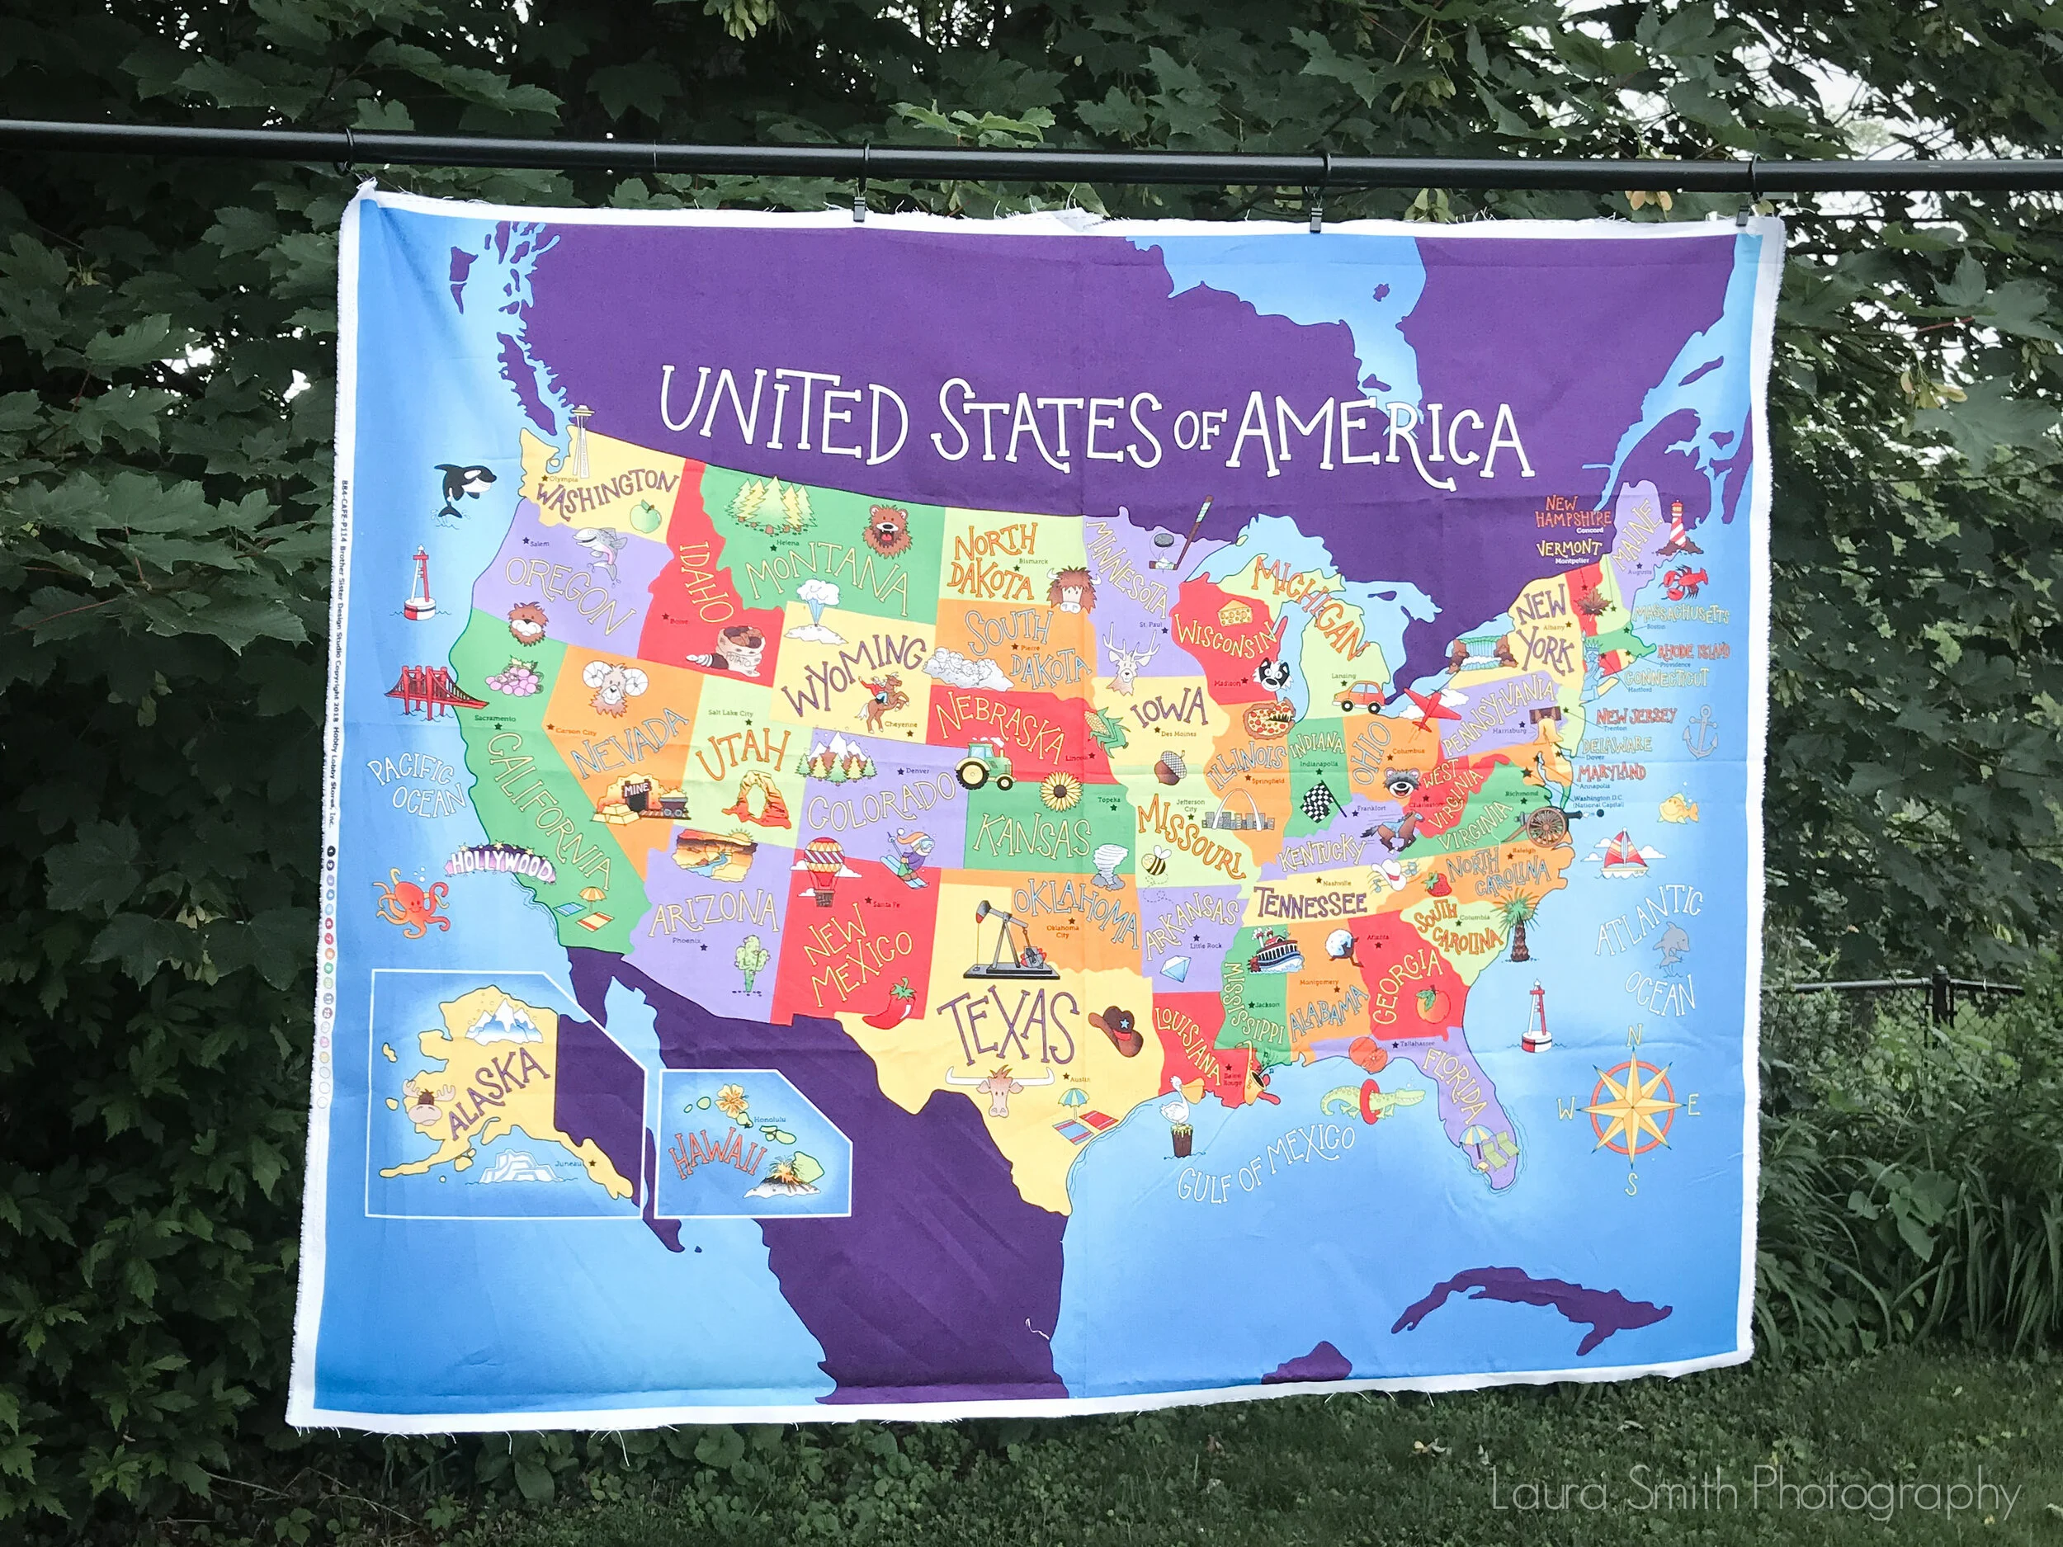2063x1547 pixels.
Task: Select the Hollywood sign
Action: tap(501, 865)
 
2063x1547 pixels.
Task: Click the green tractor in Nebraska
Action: tap(984, 765)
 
